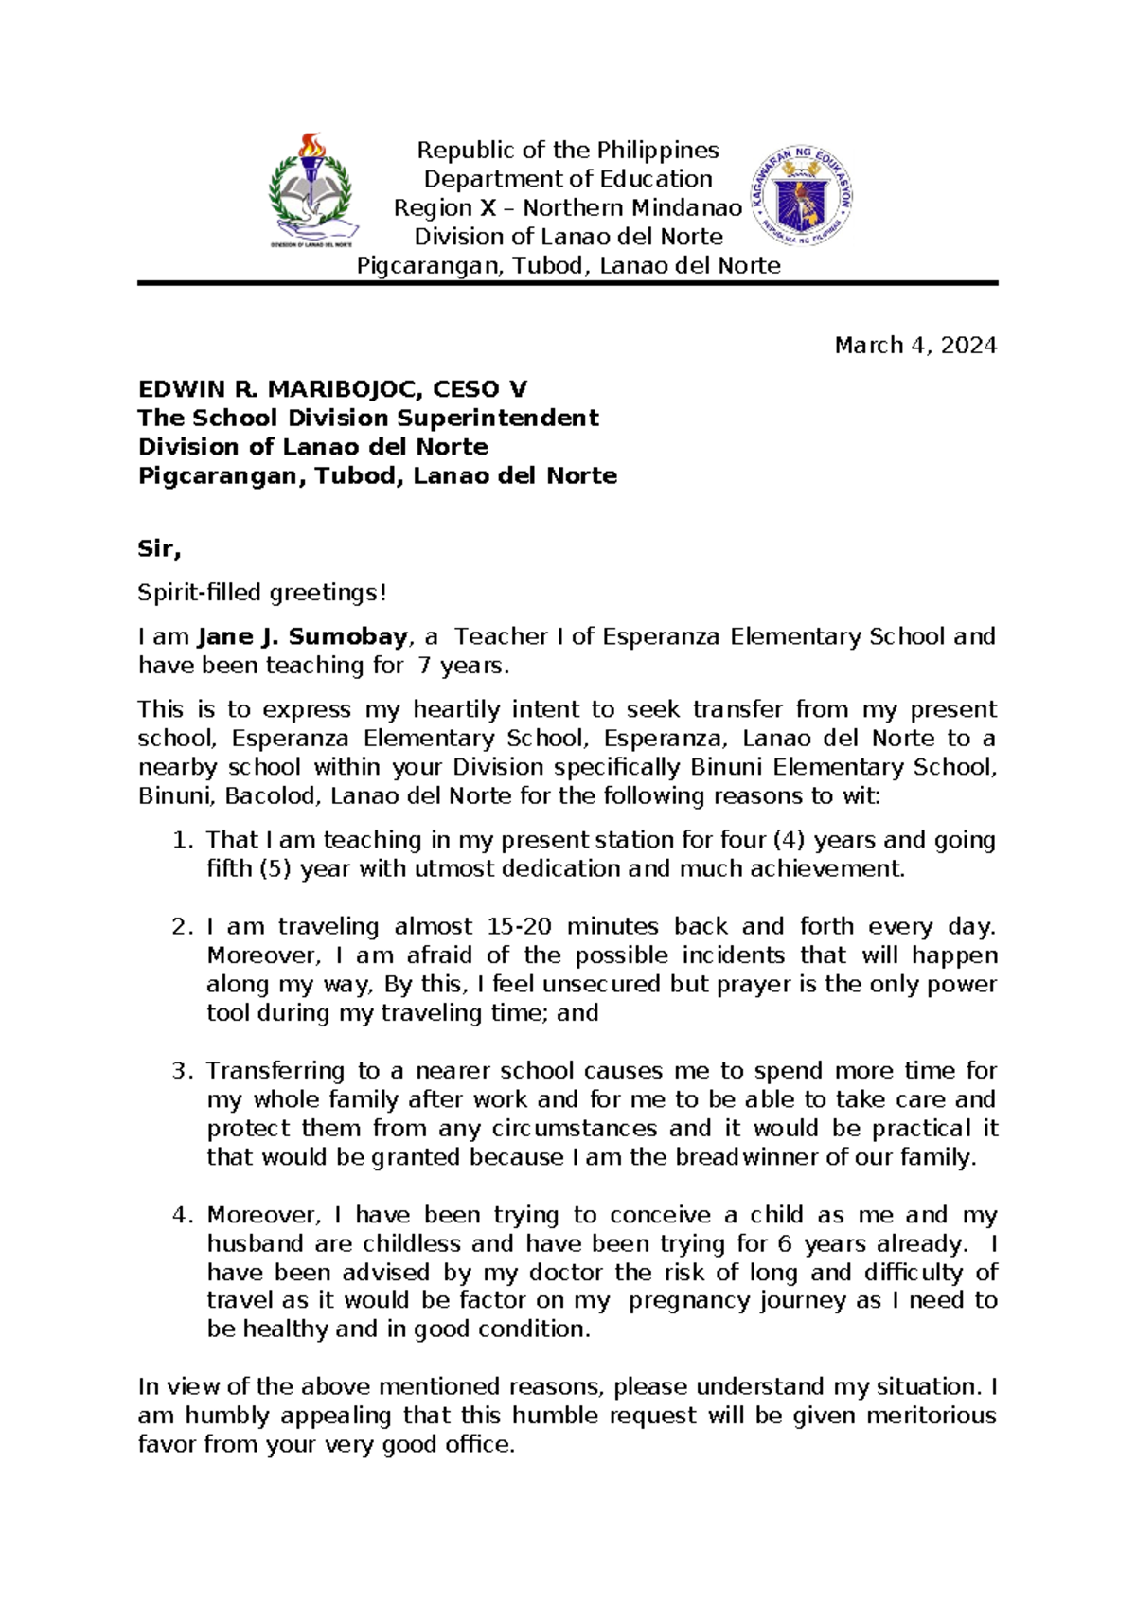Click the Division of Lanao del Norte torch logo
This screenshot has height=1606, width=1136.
point(312,190)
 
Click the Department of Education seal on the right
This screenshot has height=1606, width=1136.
point(802,198)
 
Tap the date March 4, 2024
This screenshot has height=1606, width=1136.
point(915,346)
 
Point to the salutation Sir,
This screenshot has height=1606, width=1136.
point(159,549)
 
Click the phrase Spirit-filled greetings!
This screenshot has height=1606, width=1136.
point(262,593)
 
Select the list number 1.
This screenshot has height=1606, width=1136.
point(182,840)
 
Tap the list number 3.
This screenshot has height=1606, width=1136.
point(182,1071)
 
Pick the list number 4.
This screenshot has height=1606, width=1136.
point(182,1215)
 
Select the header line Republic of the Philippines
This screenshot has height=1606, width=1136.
point(568,151)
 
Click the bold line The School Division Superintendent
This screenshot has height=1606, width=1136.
point(368,419)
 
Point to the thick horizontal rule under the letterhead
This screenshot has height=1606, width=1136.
point(568,283)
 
